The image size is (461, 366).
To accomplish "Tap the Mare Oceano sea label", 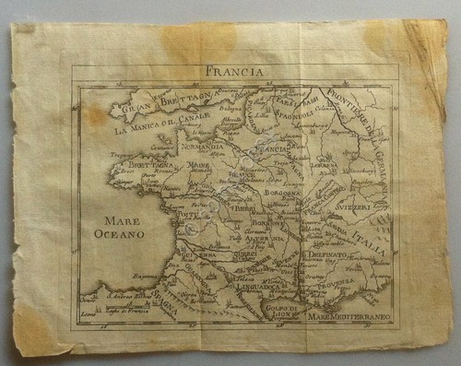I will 122,229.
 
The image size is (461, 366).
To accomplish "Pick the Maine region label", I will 199,166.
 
